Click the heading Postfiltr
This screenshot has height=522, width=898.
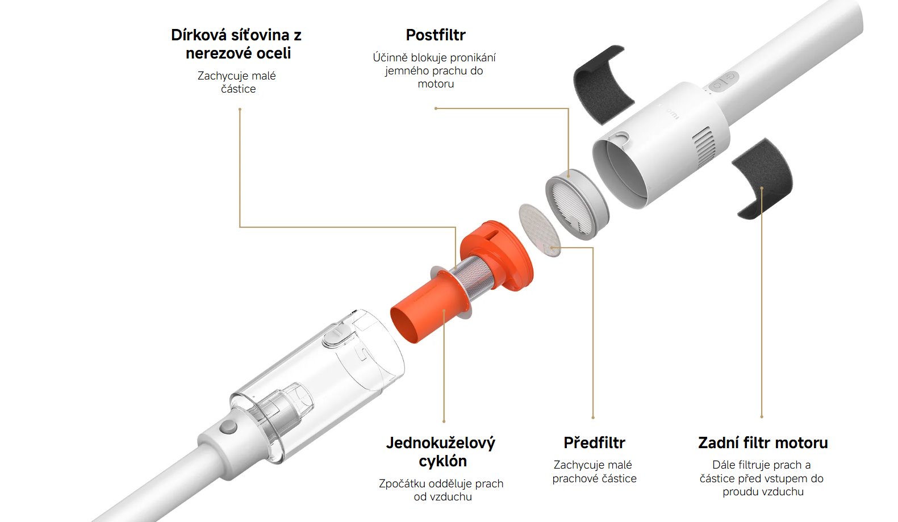click(436, 35)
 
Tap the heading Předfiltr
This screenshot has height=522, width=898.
click(594, 443)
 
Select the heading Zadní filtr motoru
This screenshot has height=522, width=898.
click(763, 443)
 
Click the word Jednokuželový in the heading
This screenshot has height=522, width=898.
click(441, 443)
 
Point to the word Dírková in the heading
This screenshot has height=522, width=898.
click(202, 35)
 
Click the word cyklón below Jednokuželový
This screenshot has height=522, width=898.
click(442, 461)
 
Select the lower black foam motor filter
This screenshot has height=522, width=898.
click(762, 178)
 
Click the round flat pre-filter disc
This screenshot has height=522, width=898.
click(540, 230)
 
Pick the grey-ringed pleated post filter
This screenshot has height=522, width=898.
click(577, 204)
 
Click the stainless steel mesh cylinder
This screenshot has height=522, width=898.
click(474, 277)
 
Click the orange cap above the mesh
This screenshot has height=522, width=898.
click(497, 254)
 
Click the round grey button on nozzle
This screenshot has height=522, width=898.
click(228, 427)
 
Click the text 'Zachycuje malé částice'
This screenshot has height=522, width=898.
click(237, 82)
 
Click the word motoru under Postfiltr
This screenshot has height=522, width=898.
click(436, 84)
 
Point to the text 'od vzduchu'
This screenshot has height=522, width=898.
click(442, 497)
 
